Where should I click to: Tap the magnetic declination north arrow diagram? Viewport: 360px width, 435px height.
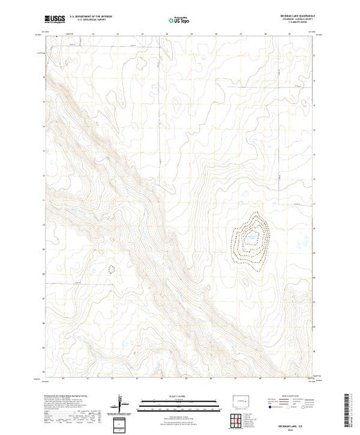pyautogui.click(x=122, y=403)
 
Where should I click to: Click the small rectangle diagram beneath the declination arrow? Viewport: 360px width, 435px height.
pyautogui.click(x=122, y=423)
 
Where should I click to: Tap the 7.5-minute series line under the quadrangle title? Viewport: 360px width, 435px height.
pyautogui.click(x=297, y=23)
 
